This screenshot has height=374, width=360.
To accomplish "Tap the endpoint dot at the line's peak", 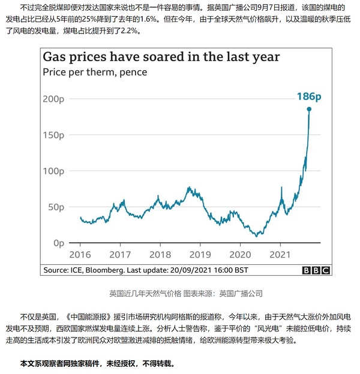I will (309, 109).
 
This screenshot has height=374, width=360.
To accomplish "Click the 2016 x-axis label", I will (80, 254).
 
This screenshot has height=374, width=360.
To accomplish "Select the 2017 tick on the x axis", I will (120, 254).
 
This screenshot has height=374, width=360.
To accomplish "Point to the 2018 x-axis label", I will (160, 254).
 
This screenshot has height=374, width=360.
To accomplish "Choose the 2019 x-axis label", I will (200, 254).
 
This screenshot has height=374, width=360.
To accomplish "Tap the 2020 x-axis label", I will (240, 254).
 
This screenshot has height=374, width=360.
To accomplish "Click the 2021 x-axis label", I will (280, 254).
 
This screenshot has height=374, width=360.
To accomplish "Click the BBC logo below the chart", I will (316, 270).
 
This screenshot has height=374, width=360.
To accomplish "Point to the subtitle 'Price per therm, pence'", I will (94, 72).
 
